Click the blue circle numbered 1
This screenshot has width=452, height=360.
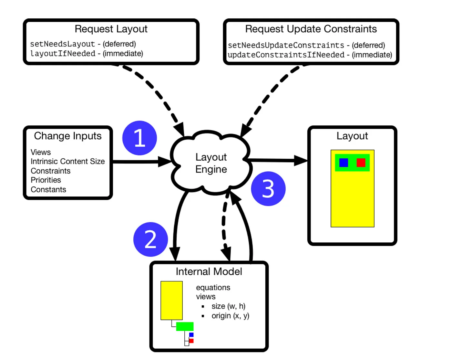pyautogui.click(x=139, y=138)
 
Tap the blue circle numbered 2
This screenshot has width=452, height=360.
pyautogui.click(x=150, y=239)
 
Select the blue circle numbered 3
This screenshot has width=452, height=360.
pyautogui.click(x=268, y=189)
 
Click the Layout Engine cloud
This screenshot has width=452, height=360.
pyautogui.click(x=211, y=163)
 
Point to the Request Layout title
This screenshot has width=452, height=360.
pyautogui.click(x=111, y=29)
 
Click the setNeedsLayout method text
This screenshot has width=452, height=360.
pyautogui.click(x=63, y=44)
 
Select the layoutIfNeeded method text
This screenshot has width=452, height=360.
pyautogui.click(x=63, y=54)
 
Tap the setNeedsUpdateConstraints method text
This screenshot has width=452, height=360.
pyautogui.click(x=286, y=45)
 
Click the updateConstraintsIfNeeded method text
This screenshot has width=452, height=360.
pyautogui.click(x=286, y=55)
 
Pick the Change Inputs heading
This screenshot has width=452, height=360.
pyautogui.click(x=68, y=136)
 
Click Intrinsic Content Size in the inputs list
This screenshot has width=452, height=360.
pyautogui.click(x=68, y=161)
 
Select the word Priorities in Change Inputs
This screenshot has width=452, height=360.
pyautogui.click(x=46, y=180)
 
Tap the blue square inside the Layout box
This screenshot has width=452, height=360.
pyautogui.click(x=344, y=163)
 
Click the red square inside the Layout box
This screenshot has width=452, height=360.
pyautogui.click(x=361, y=163)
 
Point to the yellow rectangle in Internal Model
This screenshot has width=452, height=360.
pyautogui.click(x=171, y=301)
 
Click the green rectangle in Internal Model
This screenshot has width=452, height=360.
pyautogui.click(x=185, y=326)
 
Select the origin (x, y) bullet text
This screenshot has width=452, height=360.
pyautogui.click(x=230, y=316)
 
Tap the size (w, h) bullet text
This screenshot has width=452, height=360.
pyautogui.click(x=228, y=306)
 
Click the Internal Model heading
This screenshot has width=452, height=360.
pyautogui.click(x=209, y=272)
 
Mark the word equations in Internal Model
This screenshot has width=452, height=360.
pyautogui.click(x=213, y=288)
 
